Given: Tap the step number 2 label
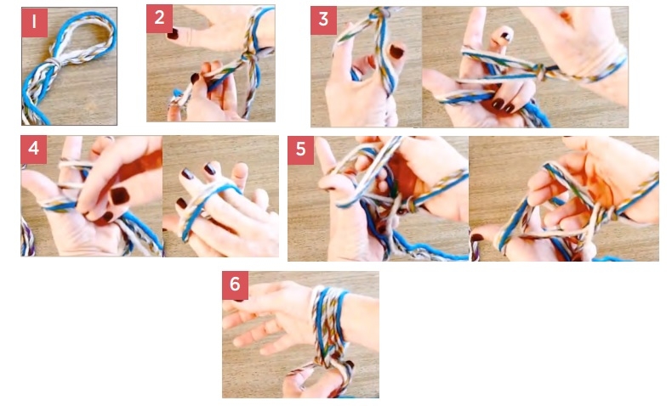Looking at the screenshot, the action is pos(159,19).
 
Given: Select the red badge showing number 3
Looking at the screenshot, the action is pos(323,20).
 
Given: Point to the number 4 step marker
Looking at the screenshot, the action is pos(33,149).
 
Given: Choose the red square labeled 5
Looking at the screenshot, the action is pos(300,150).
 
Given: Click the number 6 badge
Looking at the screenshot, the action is pos(235,285).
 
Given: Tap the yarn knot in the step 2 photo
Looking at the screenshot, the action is pos(250,58).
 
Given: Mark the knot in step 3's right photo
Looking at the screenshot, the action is pos(540,72).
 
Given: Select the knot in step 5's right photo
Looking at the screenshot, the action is pos(610,212).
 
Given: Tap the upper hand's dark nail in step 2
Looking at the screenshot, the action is pos(173,33).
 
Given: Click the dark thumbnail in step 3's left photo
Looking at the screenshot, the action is pos(396,51).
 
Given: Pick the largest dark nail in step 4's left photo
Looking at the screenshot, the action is pos(119,196).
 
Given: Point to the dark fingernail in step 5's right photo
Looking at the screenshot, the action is pos(476,237).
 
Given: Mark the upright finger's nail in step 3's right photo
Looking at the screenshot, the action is pos(506,36).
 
